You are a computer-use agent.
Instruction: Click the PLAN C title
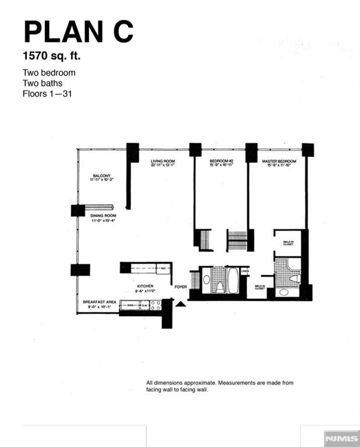pos(78,32)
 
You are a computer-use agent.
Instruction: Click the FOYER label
pos(179,286)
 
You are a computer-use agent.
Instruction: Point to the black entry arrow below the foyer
pos(181,303)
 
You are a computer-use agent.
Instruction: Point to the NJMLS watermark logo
pos(341,437)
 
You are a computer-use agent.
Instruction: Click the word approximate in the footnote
pos(197,382)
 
